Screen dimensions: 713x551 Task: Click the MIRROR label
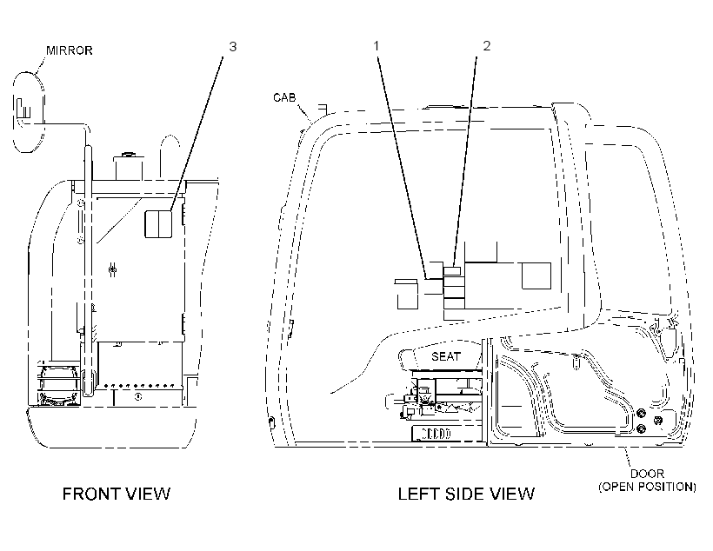[69, 50]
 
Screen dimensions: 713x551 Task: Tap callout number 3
[233, 46]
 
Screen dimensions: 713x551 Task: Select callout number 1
[376, 45]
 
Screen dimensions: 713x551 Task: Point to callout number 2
[487, 45]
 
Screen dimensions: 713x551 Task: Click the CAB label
[284, 97]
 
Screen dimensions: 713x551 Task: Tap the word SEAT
[446, 356]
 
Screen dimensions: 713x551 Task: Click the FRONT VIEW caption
[117, 494]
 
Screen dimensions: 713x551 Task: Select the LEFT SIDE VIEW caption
[467, 494]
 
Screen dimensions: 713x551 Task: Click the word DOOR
[647, 474]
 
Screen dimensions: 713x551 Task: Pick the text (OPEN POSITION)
[647, 487]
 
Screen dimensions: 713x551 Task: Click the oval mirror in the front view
[29, 112]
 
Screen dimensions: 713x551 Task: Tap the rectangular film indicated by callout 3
[158, 223]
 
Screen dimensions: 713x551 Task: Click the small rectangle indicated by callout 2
[452, 271]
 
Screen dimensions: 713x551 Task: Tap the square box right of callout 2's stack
[536, 275]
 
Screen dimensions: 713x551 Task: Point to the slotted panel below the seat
[432, 434]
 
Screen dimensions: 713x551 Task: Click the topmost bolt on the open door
[640, 414]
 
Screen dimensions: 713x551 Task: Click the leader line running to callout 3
[197, 134]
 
